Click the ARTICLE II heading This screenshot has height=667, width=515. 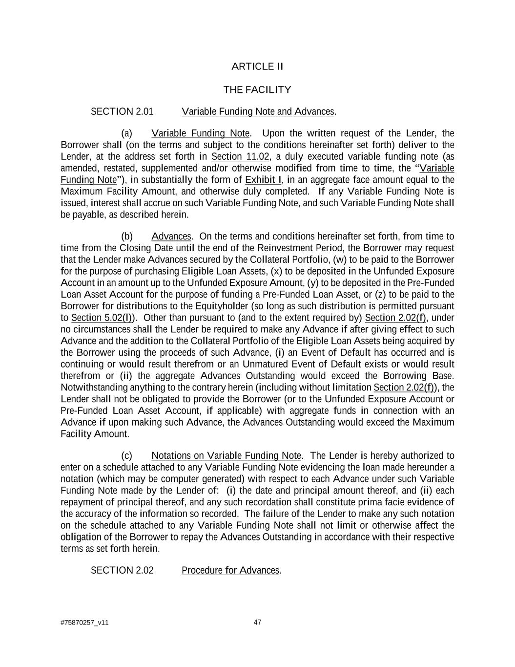257,66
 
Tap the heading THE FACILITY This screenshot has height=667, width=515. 257,90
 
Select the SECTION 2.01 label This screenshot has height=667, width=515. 122,111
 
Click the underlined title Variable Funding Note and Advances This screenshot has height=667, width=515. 258,111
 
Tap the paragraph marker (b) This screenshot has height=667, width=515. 127,237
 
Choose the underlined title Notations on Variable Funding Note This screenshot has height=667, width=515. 226,456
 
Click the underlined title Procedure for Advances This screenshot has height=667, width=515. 230,570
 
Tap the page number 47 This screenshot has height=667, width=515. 257,622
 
